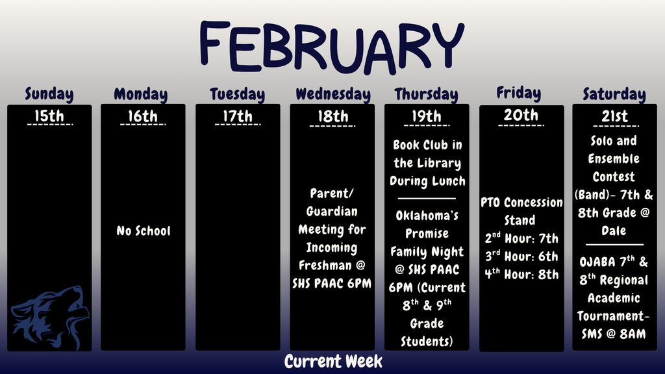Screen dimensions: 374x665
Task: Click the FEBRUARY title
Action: coord(332,46)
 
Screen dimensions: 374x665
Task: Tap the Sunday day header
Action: coord(49,94)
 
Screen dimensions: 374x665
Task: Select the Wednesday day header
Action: coord(332,94)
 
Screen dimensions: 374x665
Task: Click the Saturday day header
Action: coord(614,94)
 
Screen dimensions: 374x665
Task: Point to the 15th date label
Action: coord(49,117)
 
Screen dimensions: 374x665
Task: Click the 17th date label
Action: coord(238,117)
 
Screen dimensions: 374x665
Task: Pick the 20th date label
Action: coord(521,116)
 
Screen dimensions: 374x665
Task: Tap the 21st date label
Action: coord(614,117)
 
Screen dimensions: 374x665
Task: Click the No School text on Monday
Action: coord(144,231)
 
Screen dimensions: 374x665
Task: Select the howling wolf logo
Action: coord(48,316)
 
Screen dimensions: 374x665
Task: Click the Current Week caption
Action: coord(333,362)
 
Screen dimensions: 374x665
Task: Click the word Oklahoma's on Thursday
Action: coord(427,216)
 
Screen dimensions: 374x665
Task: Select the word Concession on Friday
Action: coord(533,203)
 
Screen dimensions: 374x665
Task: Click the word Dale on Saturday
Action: coord(614,231)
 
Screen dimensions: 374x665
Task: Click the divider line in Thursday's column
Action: coord(427,198)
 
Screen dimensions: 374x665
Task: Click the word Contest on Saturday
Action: coord(614,177)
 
